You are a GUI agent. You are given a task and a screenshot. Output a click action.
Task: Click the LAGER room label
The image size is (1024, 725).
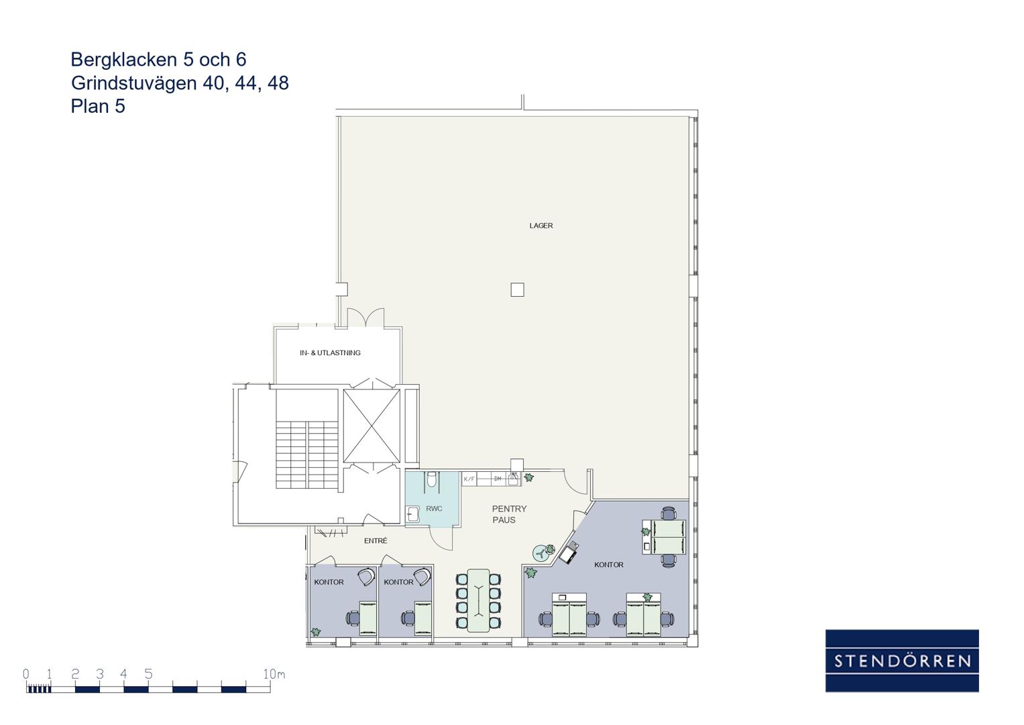[541, 226]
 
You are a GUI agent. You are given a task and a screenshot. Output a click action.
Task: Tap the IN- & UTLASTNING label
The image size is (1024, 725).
[330, 353]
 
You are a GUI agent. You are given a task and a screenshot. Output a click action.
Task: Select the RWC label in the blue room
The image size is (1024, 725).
[434, 509]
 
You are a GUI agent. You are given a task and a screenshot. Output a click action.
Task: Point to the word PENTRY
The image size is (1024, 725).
[509, 509]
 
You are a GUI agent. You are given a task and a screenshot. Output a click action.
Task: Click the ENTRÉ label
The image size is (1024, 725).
[376, 540]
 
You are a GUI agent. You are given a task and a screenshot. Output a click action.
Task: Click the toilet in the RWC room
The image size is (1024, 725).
[432, 480]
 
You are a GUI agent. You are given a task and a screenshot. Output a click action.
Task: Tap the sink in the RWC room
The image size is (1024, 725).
[413, 514]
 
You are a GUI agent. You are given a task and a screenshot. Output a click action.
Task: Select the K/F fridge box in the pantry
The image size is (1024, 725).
[469, 479]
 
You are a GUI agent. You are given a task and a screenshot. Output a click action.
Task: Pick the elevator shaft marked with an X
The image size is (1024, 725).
[372, 426]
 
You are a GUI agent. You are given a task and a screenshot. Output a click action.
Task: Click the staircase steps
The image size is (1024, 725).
[306, 454]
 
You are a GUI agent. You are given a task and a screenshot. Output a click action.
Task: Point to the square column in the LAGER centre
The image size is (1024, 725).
[517, 290]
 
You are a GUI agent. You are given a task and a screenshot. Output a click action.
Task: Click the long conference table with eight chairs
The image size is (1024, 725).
[478, 601]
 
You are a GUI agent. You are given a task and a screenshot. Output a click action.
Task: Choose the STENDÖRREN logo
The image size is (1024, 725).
[902, 661]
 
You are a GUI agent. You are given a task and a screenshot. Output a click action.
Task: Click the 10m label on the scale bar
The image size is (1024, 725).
[274, 674]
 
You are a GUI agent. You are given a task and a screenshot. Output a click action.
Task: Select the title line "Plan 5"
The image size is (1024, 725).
[98, 106]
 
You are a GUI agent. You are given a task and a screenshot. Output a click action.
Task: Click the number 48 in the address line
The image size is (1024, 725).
[278, 83]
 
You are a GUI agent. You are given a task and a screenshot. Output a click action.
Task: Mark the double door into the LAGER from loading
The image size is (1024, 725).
[365, 317]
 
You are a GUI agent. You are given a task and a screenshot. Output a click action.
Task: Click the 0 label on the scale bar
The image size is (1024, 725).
[25, 674]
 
